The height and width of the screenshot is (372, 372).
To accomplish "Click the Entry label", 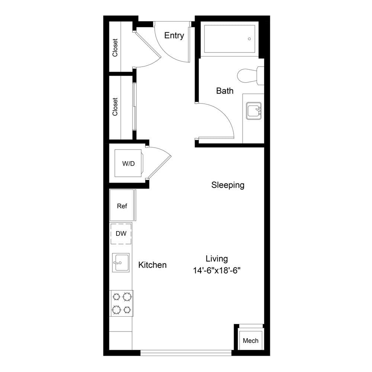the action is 174,36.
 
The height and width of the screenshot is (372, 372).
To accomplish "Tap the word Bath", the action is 225,91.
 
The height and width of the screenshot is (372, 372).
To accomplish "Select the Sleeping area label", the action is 228,185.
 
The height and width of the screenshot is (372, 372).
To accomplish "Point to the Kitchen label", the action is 152,265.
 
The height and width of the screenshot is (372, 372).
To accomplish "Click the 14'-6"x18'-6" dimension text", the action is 217,270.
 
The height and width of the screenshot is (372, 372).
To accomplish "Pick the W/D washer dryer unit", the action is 129,163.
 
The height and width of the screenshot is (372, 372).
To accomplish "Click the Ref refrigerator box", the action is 122,205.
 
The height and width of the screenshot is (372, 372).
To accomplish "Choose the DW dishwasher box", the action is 121,234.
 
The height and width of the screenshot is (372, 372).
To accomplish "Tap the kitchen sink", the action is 121,262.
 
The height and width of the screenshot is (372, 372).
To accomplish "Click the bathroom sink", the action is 254,111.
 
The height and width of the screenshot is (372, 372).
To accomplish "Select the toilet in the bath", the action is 250,76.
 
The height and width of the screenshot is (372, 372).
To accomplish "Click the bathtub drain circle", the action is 249,39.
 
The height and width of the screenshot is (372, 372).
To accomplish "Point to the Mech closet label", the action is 250,341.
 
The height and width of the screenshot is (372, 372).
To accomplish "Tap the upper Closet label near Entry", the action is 115,48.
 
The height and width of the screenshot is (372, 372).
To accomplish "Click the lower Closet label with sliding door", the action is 115,107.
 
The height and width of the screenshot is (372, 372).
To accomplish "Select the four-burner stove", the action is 121,303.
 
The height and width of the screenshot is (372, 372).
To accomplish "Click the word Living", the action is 217,259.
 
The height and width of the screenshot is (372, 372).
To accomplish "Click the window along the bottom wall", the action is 186,353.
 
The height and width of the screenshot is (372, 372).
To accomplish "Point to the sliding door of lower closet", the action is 135,106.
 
